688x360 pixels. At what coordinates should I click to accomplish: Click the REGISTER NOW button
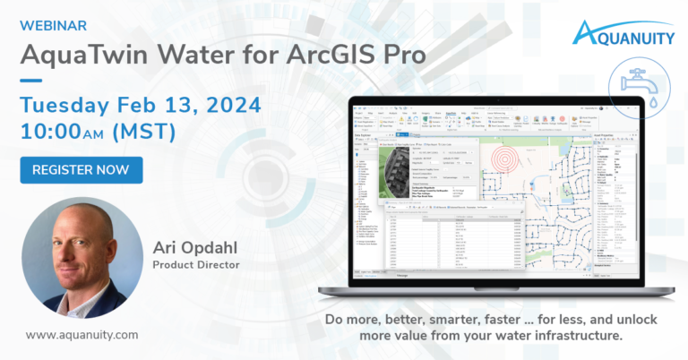click(x=82, y=169)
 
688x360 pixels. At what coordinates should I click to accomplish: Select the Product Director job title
click(x=195, y=265)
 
